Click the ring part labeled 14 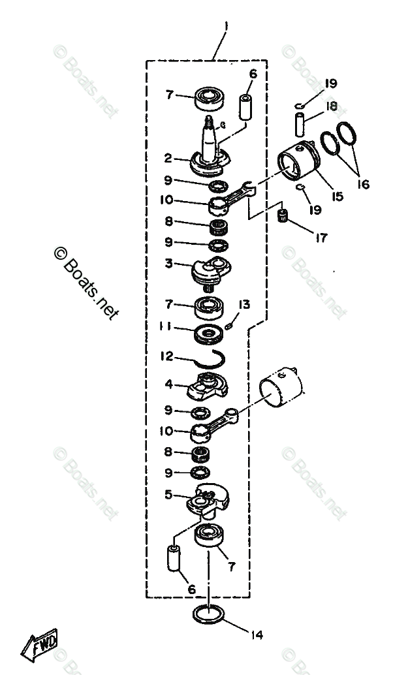(x=210, y=615)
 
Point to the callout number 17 (x=320, y=238)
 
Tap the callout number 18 (x=332, y=106)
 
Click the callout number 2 (x=168, y=159)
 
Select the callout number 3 (x=168, y=264)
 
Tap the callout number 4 (x=168, y=385)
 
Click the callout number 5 (x=168, y=495)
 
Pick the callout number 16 (x=363, y=184)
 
